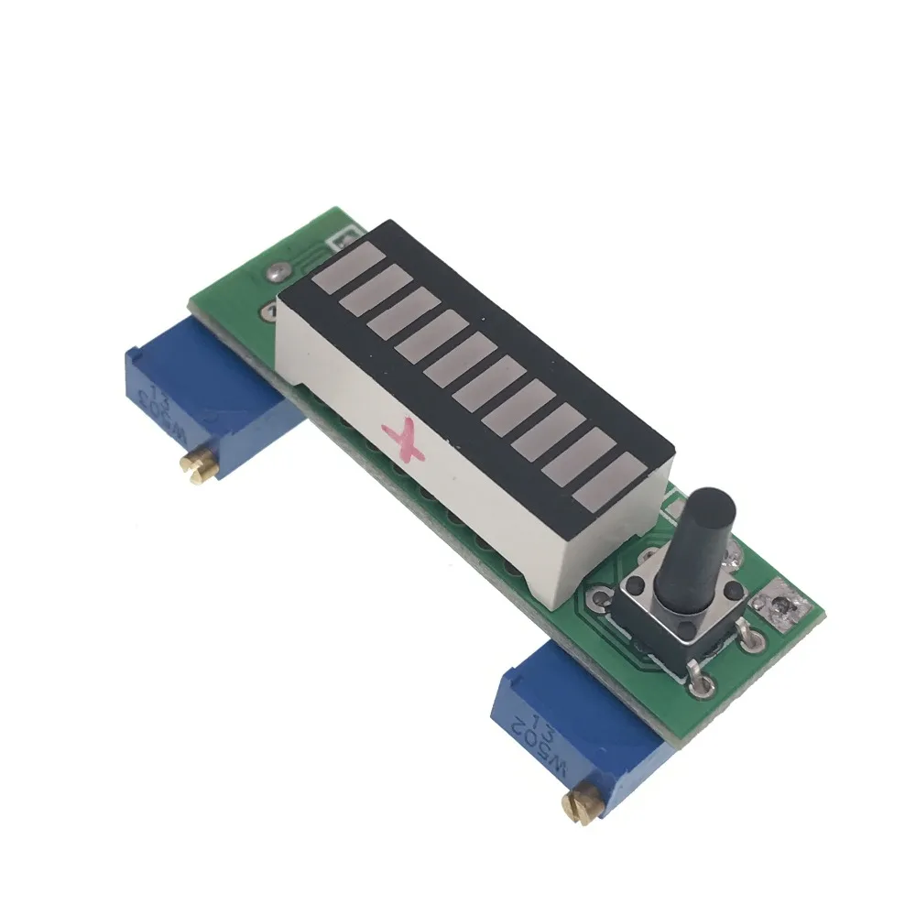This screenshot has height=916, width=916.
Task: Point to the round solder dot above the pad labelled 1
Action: (275, 272)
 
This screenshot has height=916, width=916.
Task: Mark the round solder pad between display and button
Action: (602, 600)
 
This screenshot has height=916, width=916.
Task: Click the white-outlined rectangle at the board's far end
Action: (343, 239)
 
